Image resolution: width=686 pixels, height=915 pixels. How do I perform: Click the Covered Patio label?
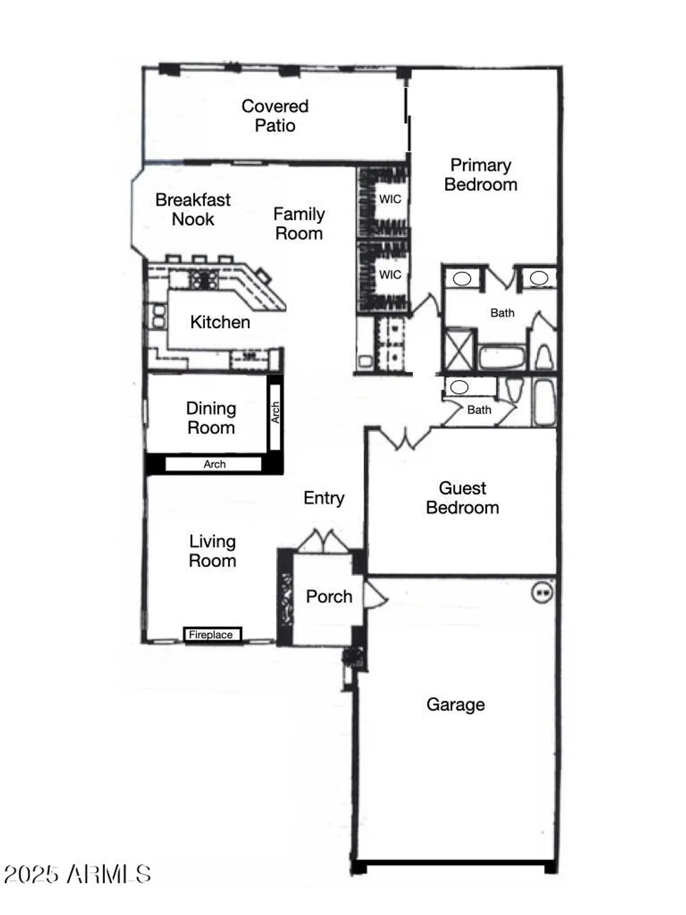pyautogui.click(x=275, y=115)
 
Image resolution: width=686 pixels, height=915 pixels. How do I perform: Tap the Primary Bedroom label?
pyautogui.click(x=481, y=174)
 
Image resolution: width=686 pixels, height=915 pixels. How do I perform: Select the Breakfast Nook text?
pyautogui.click(x=193, y=209)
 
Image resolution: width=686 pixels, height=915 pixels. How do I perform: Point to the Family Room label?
pyautogui.click(x=299, y=223)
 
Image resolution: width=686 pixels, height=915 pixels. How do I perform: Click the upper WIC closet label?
pyautogui.click(x=390, y=199)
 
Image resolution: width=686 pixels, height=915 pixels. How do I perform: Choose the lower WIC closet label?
pyautogui.click(x=390, y=274)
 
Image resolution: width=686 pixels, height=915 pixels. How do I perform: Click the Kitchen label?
pyautogui.click(x=220, y=322)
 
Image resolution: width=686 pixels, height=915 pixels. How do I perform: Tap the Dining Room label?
pyautogui.click(x=211, y=418)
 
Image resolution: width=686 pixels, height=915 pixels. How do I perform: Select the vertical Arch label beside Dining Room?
pyautogui.click(x=275, y=412)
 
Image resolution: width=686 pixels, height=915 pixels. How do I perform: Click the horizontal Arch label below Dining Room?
pyautogui.click(x=214, y=464)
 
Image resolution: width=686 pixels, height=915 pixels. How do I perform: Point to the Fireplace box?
pyautogui.click(x=212, y=634)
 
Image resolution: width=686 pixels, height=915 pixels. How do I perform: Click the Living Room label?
pyautogui.click(x=212, y=551)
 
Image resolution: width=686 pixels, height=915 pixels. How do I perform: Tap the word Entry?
pyautogui.click(x=324, y=498)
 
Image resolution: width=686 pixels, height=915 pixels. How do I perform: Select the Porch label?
pyautogui.click(x=329, y=596)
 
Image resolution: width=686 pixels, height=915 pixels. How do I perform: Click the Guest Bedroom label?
pyautogui.click(x=462, y=498)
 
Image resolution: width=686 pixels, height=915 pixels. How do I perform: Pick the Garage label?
pyautogui.click(x=456, y=705)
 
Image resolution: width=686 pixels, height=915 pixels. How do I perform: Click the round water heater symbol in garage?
pyautogui.click(x=542, y=592)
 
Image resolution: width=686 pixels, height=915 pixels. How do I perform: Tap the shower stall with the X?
pyautogui.click(x=459, y=349)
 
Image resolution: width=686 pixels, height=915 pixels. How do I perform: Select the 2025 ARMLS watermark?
pyautogui.click(x=77, y=874)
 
